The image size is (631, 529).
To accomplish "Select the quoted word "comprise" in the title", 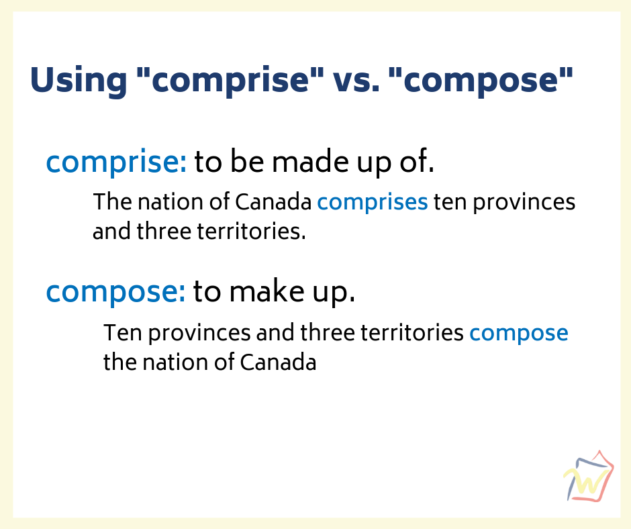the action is click(230, 81).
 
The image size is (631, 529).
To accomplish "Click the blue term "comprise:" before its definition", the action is click(116, 162).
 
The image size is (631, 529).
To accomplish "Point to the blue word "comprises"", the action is click(373, 203).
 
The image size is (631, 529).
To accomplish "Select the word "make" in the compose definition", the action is click(266, 291).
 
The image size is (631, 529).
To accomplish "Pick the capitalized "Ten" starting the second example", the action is click(123, 332).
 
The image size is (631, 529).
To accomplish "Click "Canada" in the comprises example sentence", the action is click(273, 201).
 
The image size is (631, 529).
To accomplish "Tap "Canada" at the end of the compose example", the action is click(278, 362).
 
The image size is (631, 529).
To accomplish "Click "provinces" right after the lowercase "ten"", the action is click(524, 203).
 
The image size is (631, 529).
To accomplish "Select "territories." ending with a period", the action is click(252, 231).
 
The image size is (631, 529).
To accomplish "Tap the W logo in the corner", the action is click(588, 476).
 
